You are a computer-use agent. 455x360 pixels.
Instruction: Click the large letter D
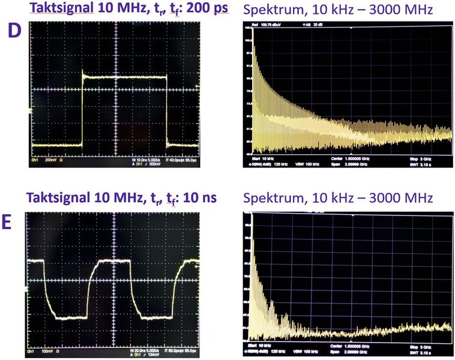[x=14, y=31]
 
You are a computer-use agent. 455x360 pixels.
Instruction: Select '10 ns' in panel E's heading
[x=200, y=197]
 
